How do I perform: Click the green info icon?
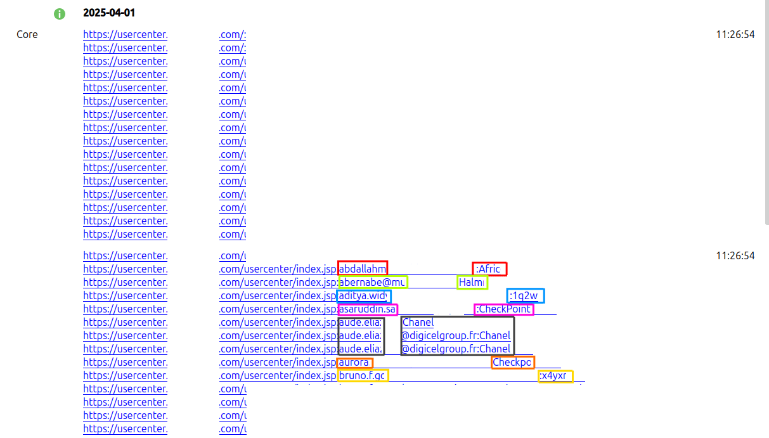point(60,13)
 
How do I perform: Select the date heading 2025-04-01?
point(109,13)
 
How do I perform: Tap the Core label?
point(27,34)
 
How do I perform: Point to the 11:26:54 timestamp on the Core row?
point(735,34)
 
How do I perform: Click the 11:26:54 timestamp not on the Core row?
point(735,255)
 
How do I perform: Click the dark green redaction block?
point(193,228)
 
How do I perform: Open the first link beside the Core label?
point(125,34)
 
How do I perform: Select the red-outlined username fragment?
point(363,269)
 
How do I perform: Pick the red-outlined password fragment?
point(489,269)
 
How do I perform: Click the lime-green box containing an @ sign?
point(373,282)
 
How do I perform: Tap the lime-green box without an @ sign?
point(472,282)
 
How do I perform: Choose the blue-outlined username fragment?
point(364,295)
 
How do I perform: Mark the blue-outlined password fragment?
point(526,295)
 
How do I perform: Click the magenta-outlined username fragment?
point(368,309)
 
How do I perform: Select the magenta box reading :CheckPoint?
point(504,309)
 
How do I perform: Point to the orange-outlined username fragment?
point(355,362)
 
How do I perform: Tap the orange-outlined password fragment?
point(513,362)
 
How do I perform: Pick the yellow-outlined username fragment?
point(363,375)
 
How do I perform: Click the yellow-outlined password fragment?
point(555,375)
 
